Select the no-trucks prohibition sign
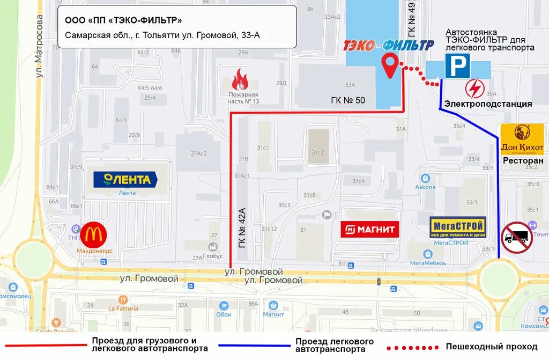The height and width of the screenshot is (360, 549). (517, 237)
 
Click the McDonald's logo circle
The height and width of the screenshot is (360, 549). (94, 236)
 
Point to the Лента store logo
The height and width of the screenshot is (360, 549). (125, 179)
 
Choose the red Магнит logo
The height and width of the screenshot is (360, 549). (370, 230)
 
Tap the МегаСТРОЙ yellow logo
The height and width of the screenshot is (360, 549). (458, 227)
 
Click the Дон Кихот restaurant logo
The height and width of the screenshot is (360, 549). (522, 139)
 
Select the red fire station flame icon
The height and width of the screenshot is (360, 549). (240, 79)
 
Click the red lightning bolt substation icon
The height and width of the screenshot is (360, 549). (475, 87)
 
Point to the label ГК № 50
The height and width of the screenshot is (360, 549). (347, 100)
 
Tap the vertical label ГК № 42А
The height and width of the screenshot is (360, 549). (242, 227)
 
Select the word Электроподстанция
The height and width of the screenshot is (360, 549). (488, 104)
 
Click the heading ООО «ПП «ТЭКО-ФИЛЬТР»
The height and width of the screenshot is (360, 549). (123, 20)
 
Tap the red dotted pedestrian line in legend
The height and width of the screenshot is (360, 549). (413, 347)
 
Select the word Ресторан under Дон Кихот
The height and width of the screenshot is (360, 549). (523, 160)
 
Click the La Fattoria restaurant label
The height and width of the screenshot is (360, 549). (123, 308)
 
